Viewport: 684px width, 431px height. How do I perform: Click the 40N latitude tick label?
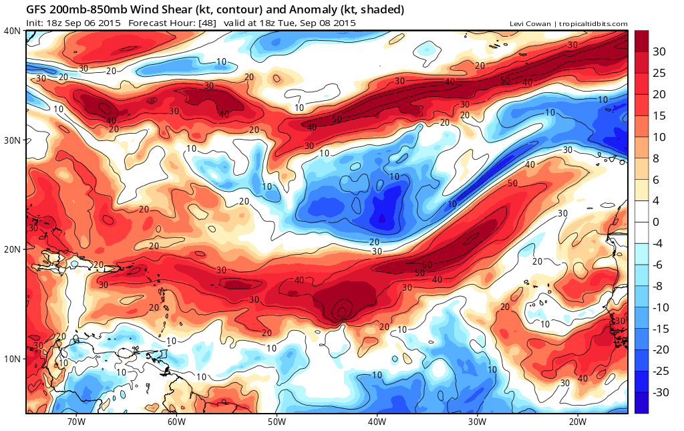pos(11,31)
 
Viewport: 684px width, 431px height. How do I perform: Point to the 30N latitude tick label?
pos(11,140)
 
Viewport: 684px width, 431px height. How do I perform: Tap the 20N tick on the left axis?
pos(11,249)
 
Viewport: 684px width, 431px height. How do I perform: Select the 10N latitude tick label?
pos(11,359)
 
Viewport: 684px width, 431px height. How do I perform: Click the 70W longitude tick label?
pos(76,422)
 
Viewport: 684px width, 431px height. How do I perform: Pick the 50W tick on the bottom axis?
pos(277,422)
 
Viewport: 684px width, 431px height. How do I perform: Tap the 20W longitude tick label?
pos(577,422)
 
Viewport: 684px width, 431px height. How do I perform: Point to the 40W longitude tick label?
pos(377,422)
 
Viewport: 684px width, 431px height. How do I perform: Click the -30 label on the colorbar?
pos(661,392)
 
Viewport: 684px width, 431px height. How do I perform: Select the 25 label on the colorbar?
pos(659,72)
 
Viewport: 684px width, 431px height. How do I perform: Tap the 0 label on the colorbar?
pos(656,222)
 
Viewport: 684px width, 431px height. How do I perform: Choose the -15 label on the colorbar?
pos(661,328)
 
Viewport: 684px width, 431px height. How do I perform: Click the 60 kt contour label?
pos(426,265)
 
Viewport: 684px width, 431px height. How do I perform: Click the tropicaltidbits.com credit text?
pos(592,24)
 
